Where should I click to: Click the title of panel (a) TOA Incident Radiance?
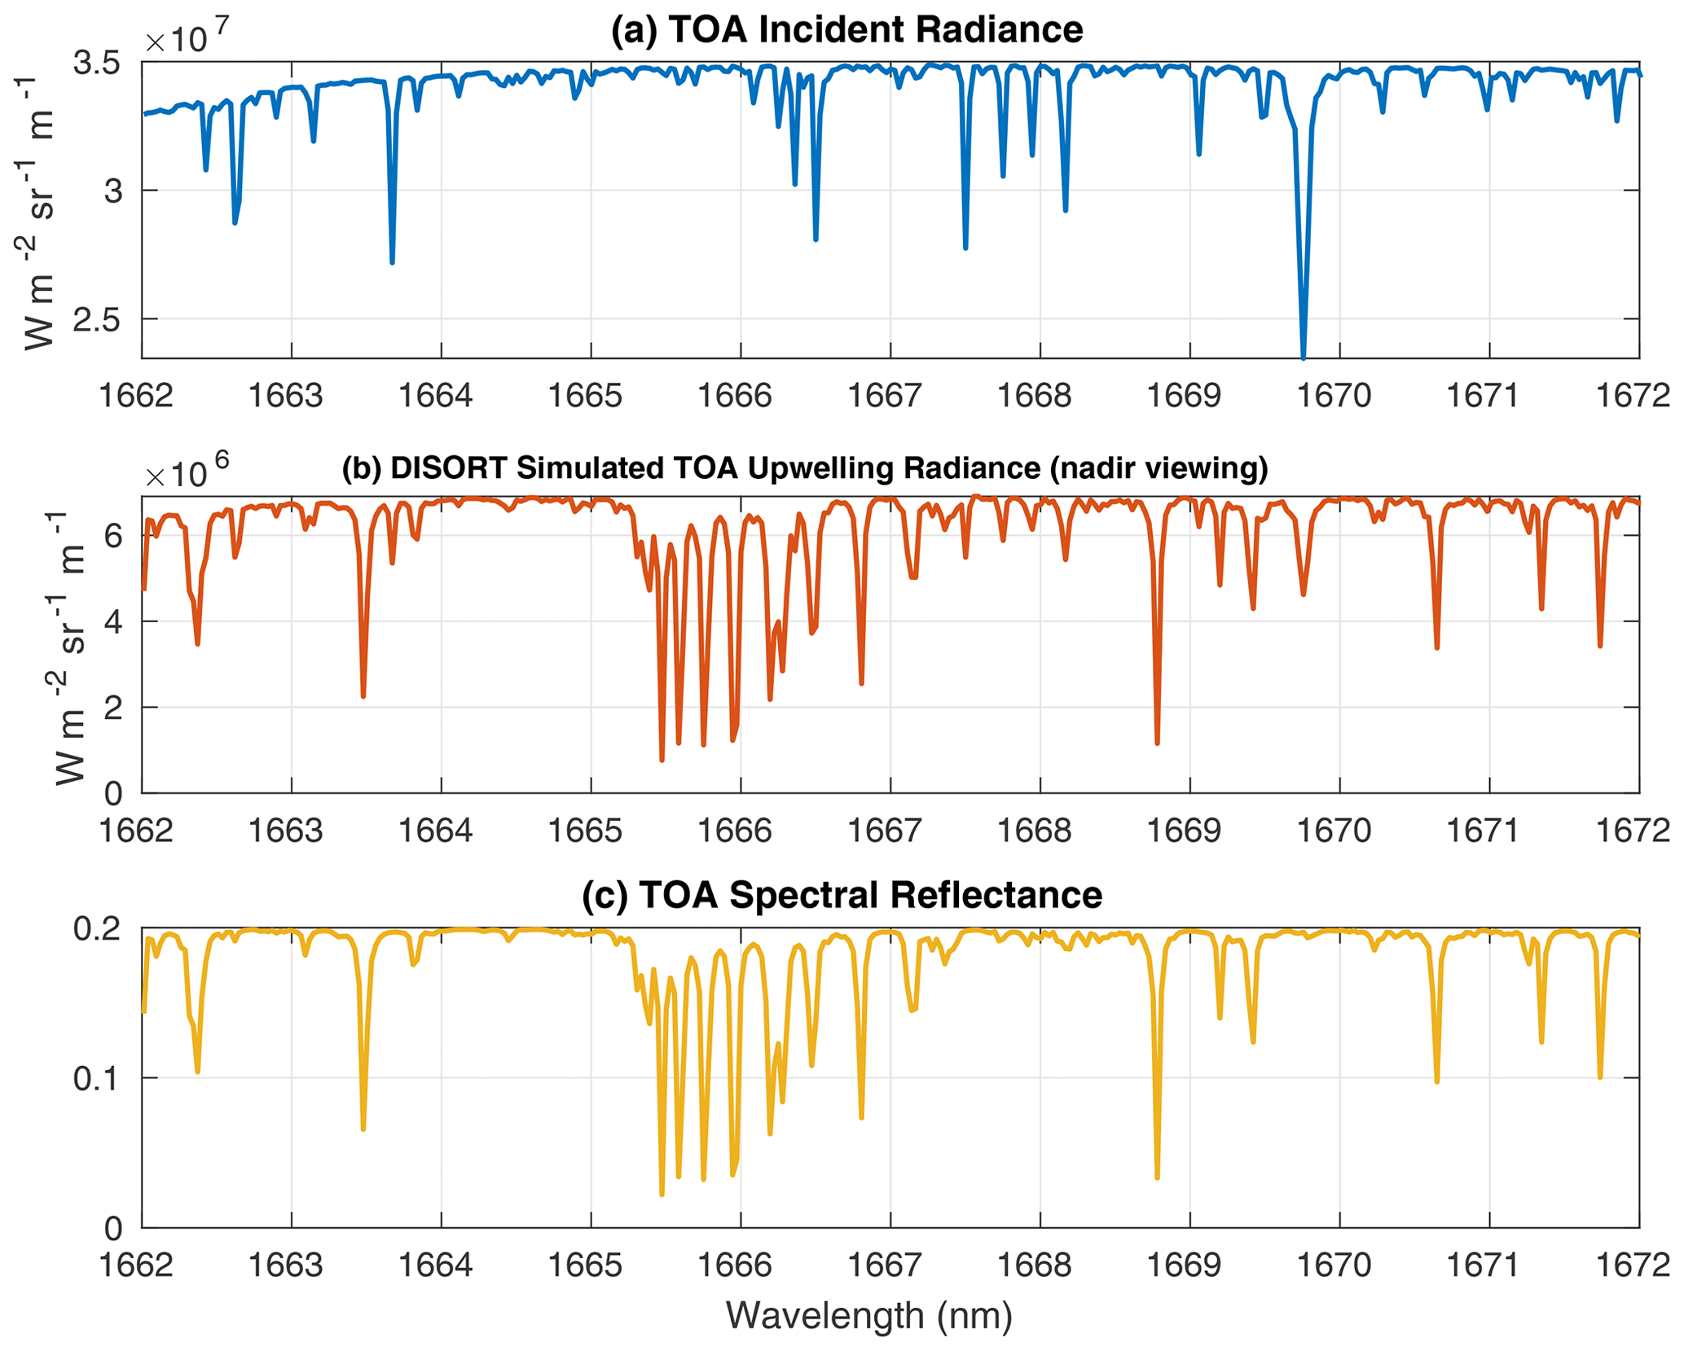(x=846, y=30)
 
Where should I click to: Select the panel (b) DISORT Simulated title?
(x=804, y=468)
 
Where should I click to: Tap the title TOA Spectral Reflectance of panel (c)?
(x=842, y=895)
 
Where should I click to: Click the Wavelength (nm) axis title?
(x=868, y=1315)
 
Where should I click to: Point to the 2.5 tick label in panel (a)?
(x=96, y=320)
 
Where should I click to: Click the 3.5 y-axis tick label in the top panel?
(x=96, y=63)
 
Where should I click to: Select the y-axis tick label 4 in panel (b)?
(x=113, y=622)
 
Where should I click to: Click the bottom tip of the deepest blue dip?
(x=1304, y=357)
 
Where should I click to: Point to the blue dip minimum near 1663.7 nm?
(x=392, y=262)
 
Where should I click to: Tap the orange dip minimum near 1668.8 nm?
(x=1157, y=743)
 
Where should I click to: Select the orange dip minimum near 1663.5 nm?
(x=363, y=696)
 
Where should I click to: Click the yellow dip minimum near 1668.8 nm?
(x=1157, y=1178)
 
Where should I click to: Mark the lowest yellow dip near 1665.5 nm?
(x=662, y=1195)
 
